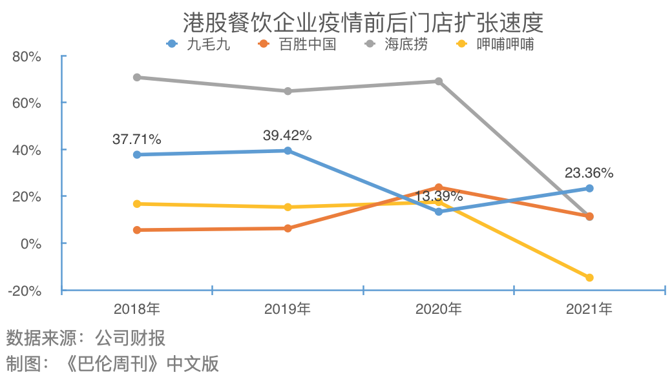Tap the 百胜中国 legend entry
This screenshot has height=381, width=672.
[297, 45]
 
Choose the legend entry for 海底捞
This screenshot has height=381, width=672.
[397, 45]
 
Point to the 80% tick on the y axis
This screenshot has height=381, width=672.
[26, 56]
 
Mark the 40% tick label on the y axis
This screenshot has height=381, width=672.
[26, 150]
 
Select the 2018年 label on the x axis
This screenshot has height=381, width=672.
[136, 309]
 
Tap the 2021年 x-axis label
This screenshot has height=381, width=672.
[589, 309]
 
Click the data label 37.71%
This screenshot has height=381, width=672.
[137, 139]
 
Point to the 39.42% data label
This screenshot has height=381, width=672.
[288, 136]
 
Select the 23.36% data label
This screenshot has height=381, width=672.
[589, 173]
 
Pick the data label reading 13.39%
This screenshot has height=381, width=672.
[439, 196]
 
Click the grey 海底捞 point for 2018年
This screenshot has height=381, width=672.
[137, 77]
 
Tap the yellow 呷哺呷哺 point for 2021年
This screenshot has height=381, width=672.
[589, 278]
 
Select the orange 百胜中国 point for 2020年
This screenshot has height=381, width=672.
[439, 188]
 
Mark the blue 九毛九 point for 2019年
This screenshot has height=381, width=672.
[288, 151]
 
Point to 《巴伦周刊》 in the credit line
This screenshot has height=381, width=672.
[114, 364]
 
